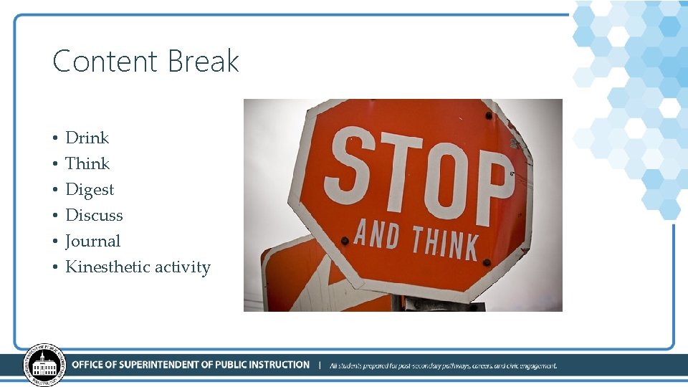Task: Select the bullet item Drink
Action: (x=87, y=138)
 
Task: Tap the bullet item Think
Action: (x=87, y=163)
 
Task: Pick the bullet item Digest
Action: (x=90, y=189)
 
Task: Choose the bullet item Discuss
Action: (x=94, y=215)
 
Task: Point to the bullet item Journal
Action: (x=92, y=241)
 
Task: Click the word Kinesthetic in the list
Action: (x=107, y=267)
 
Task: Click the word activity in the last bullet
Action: (x=183, y=267)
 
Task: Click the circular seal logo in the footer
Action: (x=44, y=365)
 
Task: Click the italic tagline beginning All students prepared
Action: (x=443, y=365)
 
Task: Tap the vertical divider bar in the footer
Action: (x=320, y=365)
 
